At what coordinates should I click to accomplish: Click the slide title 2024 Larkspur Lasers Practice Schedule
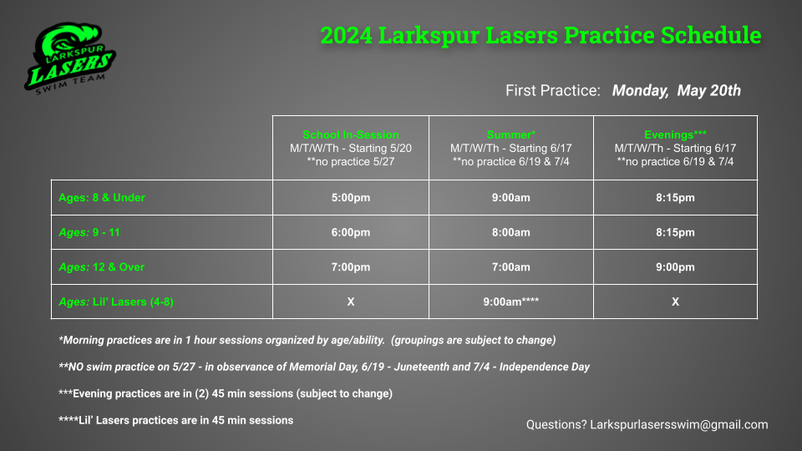pos(541,36)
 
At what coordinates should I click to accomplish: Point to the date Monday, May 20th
pos(676,90)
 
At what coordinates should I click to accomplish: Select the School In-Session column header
pos(351,134)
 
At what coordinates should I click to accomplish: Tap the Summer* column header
pos(510,134)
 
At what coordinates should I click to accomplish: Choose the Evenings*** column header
pos(675,134)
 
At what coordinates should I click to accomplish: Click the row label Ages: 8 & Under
pos(101,198)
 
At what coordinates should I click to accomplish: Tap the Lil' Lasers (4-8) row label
pos(116,302)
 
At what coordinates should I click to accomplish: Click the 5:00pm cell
pos(351,198)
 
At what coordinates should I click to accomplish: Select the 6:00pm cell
pos(351,233)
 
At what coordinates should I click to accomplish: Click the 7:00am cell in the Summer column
pos(510,267)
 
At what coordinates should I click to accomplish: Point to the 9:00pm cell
pos(675,267)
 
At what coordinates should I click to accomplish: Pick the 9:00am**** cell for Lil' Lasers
pos(510,302)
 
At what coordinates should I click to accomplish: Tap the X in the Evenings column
pos(675,302)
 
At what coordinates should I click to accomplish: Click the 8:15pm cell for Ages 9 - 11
pos(675,233)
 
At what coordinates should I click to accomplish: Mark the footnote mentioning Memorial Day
pos(324,367)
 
